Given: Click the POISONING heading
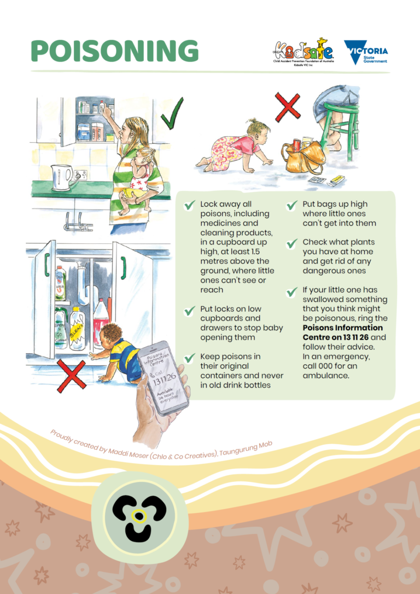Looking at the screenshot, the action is [x=115, y=50].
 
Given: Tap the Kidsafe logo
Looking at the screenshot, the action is [x=304, y=52].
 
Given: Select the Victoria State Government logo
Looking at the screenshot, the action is [x=366, y=53].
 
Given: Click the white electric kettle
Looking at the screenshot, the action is [x=62, y=177].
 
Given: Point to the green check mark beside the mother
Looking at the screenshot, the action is [x=172, y=114].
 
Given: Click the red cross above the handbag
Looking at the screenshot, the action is [x=288, y=107].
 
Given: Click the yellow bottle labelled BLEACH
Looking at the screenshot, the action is [x=77, y=328].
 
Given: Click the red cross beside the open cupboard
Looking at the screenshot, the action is [x=71, y=376].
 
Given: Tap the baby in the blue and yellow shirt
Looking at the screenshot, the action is [x=118, y=352].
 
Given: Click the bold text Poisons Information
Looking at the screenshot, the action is [x=343, y=327].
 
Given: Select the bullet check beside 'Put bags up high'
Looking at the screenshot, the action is [x=291, y=205].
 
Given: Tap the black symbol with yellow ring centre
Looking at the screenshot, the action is [x=139, y=517].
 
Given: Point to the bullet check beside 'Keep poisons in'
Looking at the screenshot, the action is [x=189, y=358].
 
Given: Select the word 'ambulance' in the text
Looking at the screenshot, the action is [x=326, y=376].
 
